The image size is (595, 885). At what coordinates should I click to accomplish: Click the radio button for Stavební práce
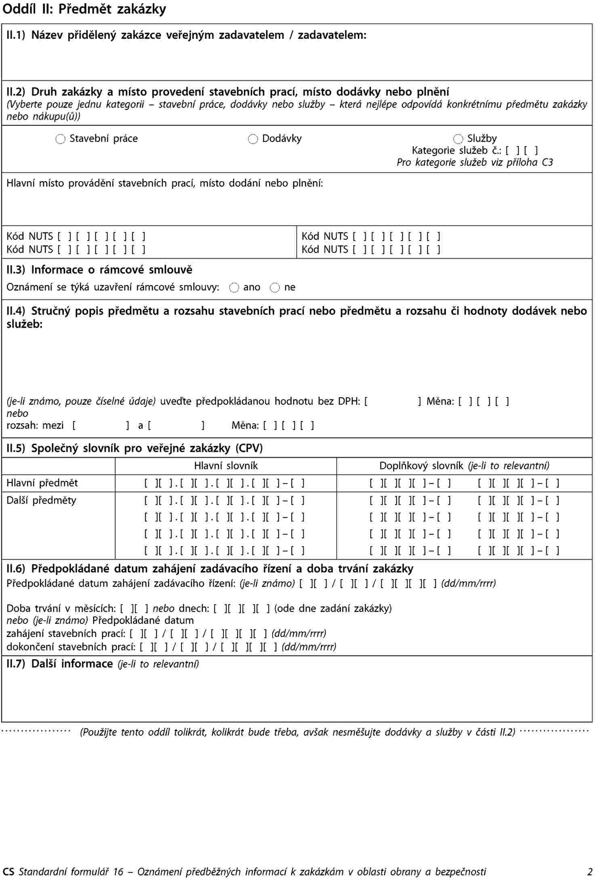click(60, 139)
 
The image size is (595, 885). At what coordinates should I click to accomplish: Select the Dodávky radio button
click(253, 139)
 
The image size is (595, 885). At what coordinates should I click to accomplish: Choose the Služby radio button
click(458, 139)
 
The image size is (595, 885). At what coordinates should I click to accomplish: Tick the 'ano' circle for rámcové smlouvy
click(234, 288)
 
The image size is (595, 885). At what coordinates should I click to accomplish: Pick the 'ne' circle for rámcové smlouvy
click(275, 288)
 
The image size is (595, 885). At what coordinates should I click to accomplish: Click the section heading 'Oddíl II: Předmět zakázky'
click(84, 9)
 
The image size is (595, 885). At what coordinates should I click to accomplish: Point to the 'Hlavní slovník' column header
click(226, 466)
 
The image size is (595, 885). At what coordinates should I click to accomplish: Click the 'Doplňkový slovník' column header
click(464, 466)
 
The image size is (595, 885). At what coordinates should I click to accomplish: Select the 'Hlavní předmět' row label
click(42, 483)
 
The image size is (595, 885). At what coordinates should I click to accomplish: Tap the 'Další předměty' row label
click(41, 500)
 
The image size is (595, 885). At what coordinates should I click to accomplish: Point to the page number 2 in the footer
click(590, 872)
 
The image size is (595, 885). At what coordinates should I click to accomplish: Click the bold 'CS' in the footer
click(8, 872)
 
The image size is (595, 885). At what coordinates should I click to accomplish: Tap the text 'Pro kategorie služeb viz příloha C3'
click(475, 163)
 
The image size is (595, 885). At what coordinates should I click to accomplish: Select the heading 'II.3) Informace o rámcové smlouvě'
click(99, 270)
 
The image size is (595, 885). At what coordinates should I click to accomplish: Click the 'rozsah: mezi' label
click(35, 425)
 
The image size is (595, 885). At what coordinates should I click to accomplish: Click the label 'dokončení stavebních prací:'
click(71, 647)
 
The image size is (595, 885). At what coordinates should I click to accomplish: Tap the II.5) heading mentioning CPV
click(135, 448)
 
